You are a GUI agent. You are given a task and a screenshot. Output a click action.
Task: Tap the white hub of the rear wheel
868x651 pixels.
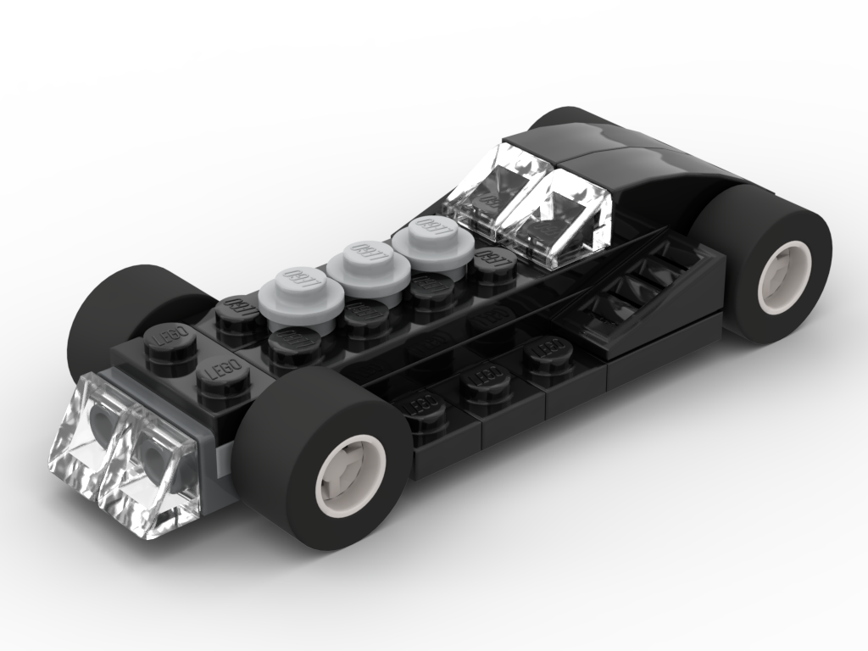[x=785, y=277]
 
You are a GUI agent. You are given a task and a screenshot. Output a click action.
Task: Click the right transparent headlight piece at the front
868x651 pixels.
[x=153, y=470]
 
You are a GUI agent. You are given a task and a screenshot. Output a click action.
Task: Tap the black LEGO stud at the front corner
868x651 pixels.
[x=170, y=339]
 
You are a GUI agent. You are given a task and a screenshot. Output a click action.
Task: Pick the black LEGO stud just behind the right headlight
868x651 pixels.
[x=223, y=373]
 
